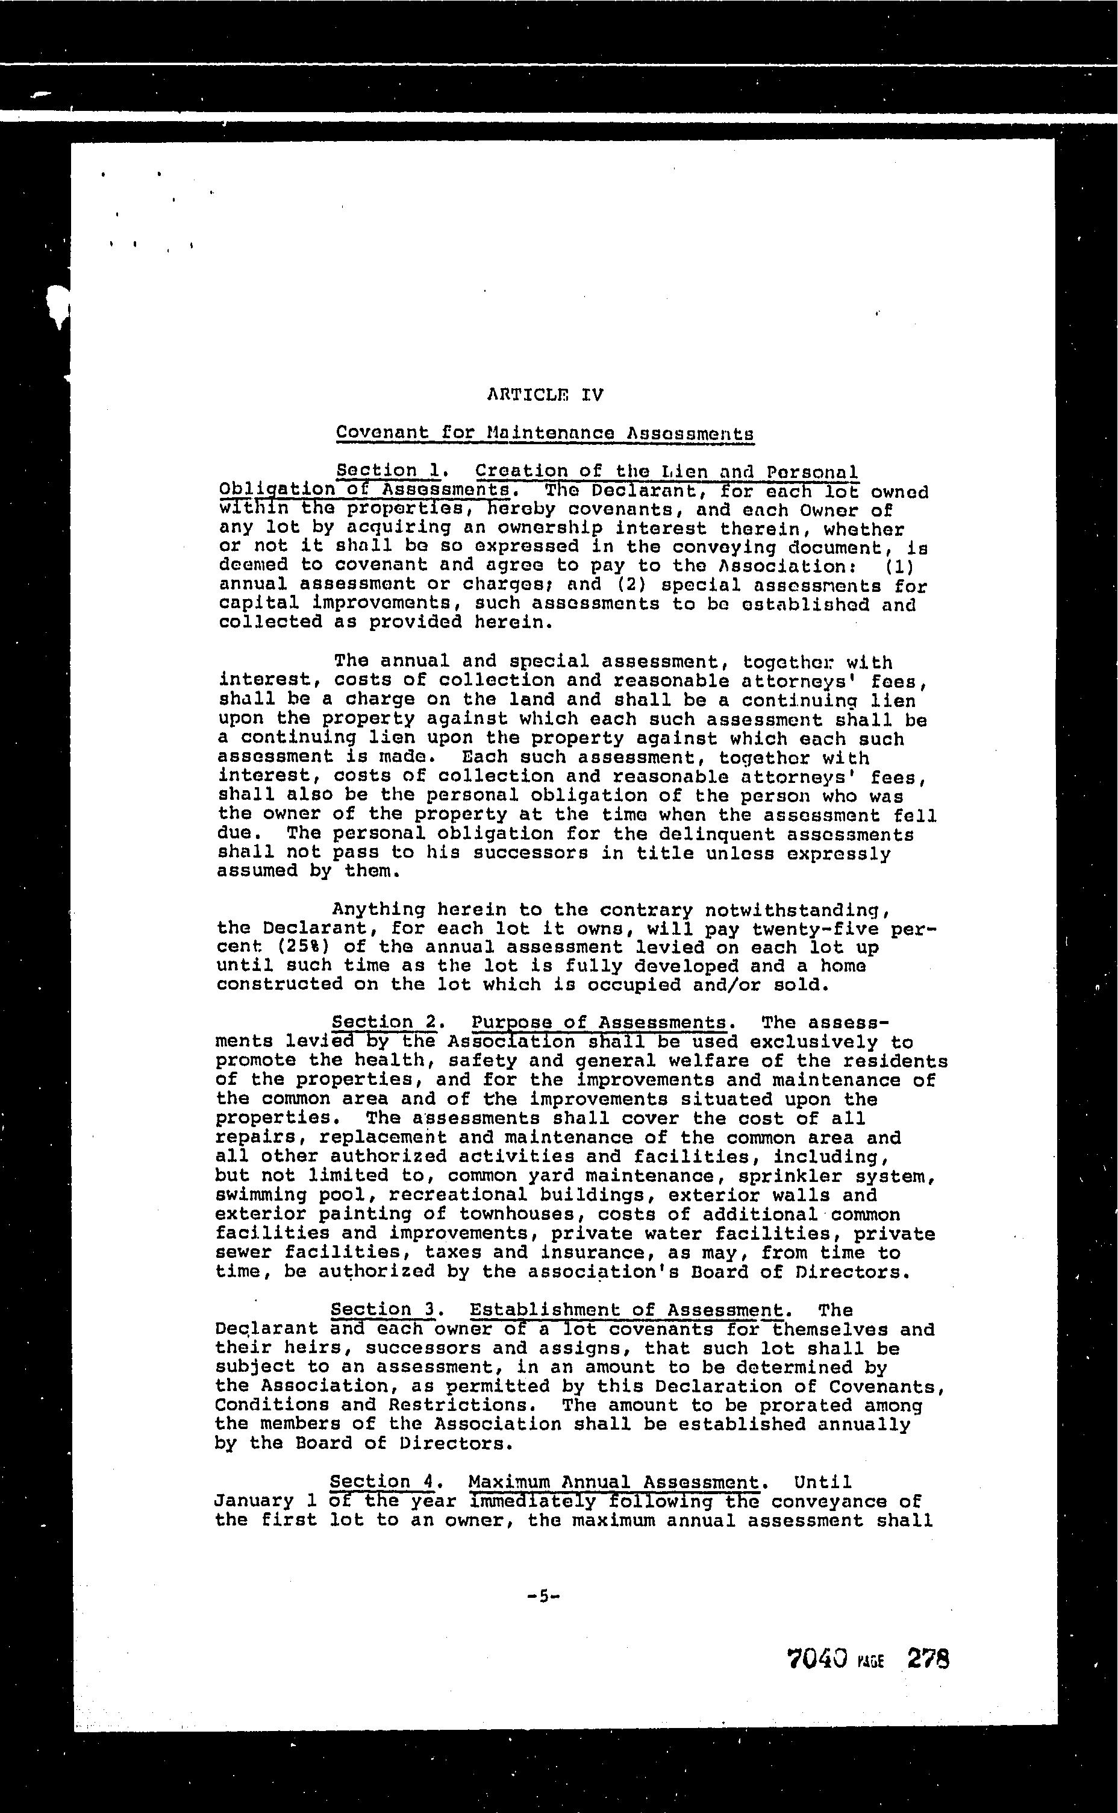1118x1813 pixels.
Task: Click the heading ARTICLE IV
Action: tap(545, 395)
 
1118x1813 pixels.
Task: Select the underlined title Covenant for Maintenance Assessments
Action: tap(545, 433)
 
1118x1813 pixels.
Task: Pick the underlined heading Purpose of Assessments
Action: tap(599, 1022)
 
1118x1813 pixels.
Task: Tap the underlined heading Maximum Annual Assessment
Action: tap(614, 1482)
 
